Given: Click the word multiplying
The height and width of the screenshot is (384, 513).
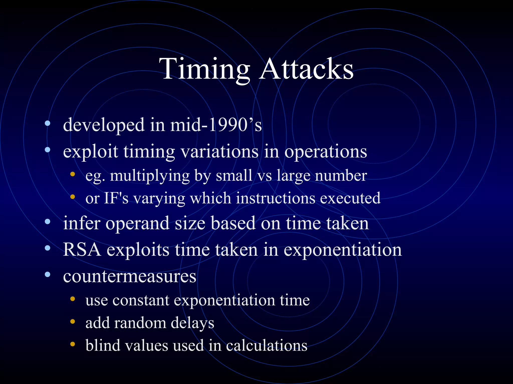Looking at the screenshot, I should pos(150,176).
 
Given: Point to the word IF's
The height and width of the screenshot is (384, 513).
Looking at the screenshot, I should pos(116,198).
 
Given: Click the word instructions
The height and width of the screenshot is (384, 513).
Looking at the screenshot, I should pos(276,198).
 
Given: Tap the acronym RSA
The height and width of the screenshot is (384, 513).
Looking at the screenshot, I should pos(82,249).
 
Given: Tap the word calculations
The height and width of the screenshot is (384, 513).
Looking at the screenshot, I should pos(267,345).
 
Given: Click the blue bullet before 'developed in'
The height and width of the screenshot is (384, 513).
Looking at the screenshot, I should pos(48,123).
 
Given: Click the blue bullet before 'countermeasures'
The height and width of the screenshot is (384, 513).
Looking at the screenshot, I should pos(48,275).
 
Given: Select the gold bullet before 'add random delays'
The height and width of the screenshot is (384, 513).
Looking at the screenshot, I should pos(72,321).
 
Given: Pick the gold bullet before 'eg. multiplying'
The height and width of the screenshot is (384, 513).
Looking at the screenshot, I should pos(72,174).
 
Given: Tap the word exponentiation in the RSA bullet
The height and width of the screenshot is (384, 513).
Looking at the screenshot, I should pos(342,249).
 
